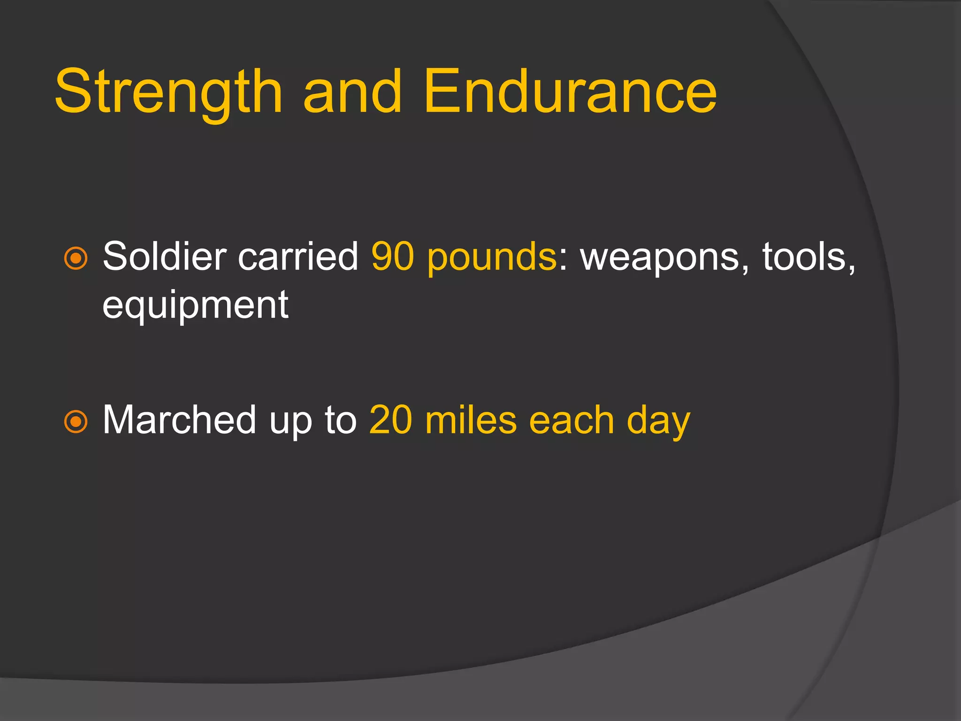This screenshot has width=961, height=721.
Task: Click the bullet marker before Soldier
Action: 76,258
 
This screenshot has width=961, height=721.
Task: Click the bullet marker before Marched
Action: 76,422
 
